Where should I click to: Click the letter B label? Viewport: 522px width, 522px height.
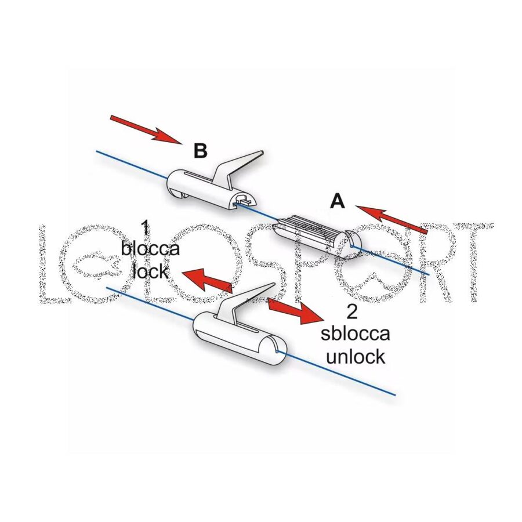[x=200, y=151]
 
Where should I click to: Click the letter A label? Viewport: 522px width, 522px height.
[x=337, y=201]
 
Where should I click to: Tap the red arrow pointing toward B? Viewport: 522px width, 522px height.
[x=146, y=129]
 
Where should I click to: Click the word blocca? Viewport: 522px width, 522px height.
[x=150, y=249]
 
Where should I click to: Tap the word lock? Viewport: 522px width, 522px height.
[x=150, y=270]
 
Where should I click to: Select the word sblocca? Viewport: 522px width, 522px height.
[x=355, y=335]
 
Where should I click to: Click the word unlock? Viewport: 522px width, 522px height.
[x=355, y=356]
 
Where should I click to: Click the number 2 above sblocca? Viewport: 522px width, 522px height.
[x=352, y=313]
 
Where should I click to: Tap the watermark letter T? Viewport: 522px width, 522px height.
[x=473, y=261]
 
